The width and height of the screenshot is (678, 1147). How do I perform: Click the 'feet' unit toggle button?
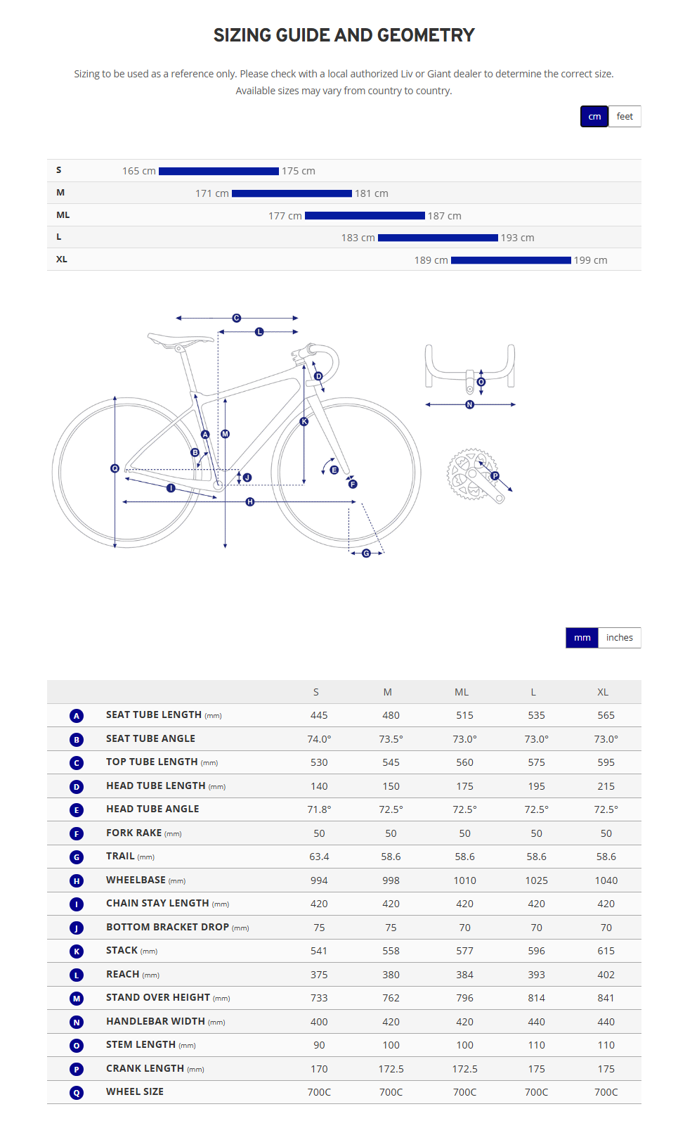coord(625,117)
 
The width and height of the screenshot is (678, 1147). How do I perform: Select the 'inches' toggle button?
coord(619,638)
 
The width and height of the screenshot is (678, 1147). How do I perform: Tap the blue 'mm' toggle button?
coord(582,638)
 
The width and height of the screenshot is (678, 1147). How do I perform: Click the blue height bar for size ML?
coord(365,216)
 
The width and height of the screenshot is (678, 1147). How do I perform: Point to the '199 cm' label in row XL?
coord(590,260)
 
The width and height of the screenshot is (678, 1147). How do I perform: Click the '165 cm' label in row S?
coord(139,171)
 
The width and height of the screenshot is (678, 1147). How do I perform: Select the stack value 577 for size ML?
coord(464,951)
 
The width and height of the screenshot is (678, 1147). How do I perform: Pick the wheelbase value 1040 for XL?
coord(606,880)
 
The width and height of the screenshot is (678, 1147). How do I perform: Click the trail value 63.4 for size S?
coord(319,857)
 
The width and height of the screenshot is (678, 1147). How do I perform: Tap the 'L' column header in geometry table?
coord(533,692)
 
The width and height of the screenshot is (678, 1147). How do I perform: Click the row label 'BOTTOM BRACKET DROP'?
coord(168,927)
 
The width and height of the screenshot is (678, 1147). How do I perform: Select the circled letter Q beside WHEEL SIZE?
coord(77,1093)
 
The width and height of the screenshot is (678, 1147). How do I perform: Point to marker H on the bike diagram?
coord(250,501)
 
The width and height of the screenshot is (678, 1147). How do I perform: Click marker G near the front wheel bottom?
coord(366,553)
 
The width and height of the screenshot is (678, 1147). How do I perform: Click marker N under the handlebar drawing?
coord(470,404)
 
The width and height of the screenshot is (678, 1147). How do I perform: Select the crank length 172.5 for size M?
coord(391,1069)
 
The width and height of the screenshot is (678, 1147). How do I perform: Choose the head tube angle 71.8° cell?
coord(319,809)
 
